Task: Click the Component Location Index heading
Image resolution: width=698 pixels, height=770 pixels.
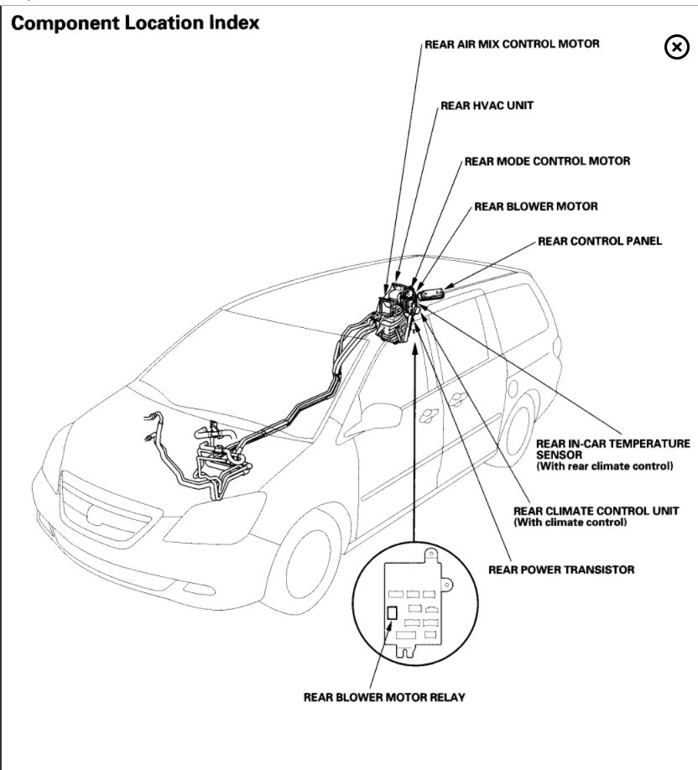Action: coord(134,23)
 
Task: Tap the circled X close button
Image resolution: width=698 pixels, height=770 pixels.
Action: coord(676,48)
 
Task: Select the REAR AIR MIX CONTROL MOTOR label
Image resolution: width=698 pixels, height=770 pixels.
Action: coord(512,44)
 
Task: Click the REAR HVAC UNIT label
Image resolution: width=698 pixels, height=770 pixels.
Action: coord(487,107)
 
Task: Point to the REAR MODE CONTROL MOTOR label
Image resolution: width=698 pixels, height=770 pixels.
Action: coord(547,160)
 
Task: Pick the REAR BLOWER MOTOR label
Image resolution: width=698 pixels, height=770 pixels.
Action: coord(536,206)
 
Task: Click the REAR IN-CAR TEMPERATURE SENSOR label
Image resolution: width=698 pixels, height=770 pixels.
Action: coord(612,448)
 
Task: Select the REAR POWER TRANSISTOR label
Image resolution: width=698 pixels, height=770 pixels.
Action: coord(561,570)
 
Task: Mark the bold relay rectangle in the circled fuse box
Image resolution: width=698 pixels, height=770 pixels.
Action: coord(391,611)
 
